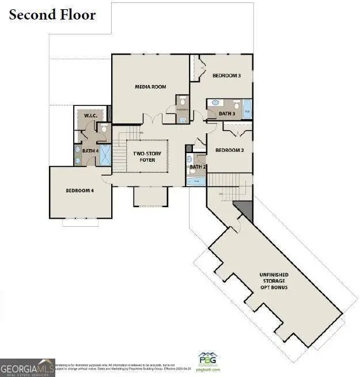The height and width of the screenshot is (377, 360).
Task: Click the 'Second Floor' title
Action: (52, 14)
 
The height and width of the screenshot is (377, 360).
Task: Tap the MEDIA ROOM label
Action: (150, 87)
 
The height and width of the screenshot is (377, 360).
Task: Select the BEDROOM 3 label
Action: (226, 75)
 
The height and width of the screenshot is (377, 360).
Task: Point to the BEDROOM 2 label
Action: (230, 150)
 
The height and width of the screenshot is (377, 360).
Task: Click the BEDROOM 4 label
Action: (79, 191)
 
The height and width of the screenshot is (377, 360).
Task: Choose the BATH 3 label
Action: (227, 114)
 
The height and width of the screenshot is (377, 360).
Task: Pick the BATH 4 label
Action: (90, 151)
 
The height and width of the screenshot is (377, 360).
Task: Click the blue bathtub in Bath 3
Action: (247, 109)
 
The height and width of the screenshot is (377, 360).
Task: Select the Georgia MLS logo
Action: (27, 367)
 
